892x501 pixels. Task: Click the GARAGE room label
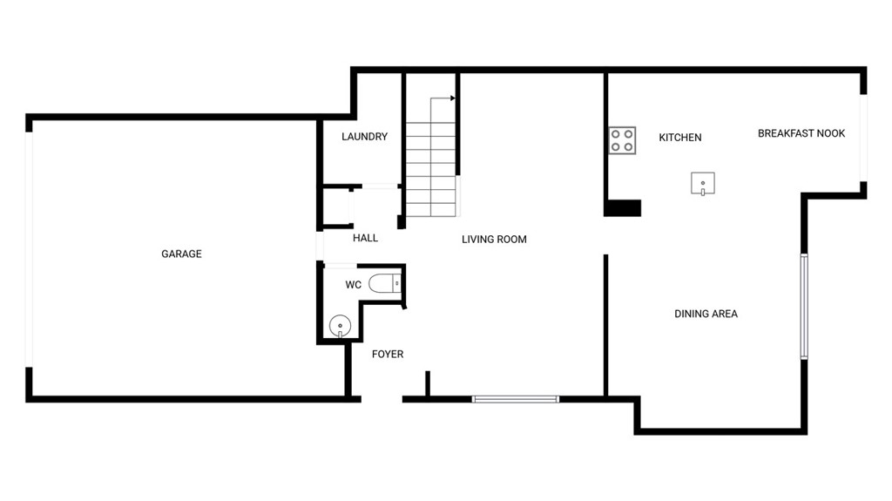tap(181, 254)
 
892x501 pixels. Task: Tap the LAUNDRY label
tap(365, 137)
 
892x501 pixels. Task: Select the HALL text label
tap(365, 238)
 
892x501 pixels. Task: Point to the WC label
tap(354, 285)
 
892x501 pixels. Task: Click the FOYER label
tap(388, 354)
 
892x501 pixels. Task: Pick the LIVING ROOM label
tap(495, 240)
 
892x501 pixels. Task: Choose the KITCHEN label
tap(680, 137)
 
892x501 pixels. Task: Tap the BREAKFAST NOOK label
tap(801, 133)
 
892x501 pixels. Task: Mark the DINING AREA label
tap(706, 314)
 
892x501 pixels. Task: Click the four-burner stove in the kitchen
tap(622, 140)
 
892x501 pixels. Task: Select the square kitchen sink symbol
tap(703, 183)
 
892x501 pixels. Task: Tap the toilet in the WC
tap(385, 283)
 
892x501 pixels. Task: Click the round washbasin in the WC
tap(341, 327)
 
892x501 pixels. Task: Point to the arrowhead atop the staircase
tap(453, 98)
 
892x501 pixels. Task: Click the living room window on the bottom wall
tap(516, 400)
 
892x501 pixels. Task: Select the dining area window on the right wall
tap(804, 307)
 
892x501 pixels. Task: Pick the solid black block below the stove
tap(622, 208)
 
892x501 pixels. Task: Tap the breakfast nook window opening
tap(863, 138)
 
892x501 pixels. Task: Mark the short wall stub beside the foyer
tap(428, 383)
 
